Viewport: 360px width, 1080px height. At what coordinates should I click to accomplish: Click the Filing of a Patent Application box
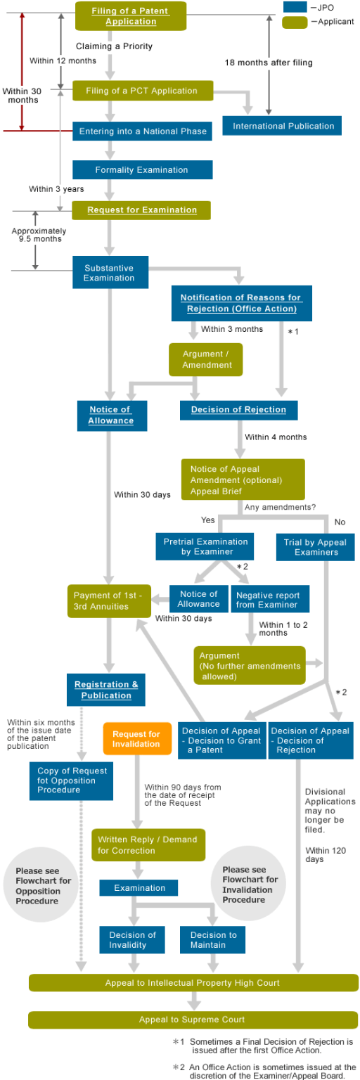(131, 16)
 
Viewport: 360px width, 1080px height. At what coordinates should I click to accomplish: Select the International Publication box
(283, 126)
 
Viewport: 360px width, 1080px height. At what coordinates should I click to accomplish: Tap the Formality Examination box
(142, 169)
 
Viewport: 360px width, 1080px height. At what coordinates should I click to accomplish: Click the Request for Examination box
(142, 210)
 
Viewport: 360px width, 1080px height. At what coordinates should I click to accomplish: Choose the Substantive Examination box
(110, 273)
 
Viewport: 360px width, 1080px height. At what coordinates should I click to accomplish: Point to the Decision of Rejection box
(238, 410)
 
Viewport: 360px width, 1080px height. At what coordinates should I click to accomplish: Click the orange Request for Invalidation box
(136, 738)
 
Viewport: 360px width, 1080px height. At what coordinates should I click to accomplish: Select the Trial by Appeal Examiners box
(316, 547)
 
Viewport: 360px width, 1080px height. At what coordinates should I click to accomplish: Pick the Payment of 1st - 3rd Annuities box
(109, 600)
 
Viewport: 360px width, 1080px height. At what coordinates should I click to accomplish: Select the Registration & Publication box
(106, 690)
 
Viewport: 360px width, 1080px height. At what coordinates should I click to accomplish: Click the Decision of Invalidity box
(132, 940)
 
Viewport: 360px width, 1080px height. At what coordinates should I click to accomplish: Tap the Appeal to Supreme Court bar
(193, 1019)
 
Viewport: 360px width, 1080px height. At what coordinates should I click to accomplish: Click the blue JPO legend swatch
(295, 7)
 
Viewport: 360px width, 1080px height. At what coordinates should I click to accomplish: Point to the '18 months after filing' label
(269, 63)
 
